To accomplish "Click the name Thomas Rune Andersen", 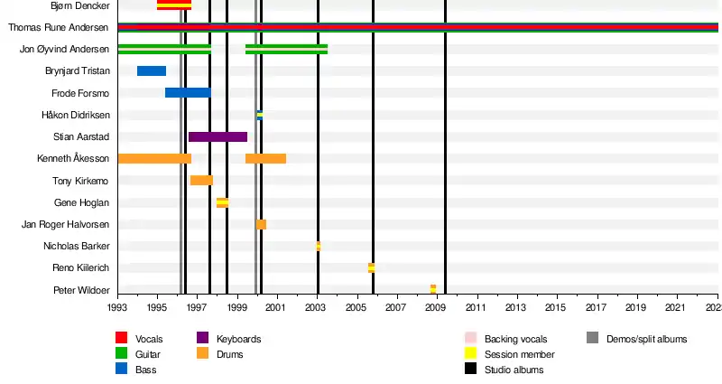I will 59,28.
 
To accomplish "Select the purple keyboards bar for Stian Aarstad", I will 218,136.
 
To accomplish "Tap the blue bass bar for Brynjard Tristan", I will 152,70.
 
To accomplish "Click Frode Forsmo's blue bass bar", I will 188,92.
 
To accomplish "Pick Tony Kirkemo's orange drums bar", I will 201,180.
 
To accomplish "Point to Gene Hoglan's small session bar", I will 222,202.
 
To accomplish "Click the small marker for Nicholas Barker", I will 318,246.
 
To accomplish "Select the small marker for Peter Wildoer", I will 433,289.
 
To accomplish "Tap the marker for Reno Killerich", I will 371,267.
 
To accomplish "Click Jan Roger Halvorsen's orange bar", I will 261,224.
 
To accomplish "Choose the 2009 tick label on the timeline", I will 437,308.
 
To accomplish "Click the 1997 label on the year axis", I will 198,308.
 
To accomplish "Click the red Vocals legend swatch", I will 122,339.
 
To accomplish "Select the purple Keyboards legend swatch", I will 203,339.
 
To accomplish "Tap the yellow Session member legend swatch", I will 470,354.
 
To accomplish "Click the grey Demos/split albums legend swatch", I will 592,339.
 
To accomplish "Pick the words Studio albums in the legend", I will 514,370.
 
